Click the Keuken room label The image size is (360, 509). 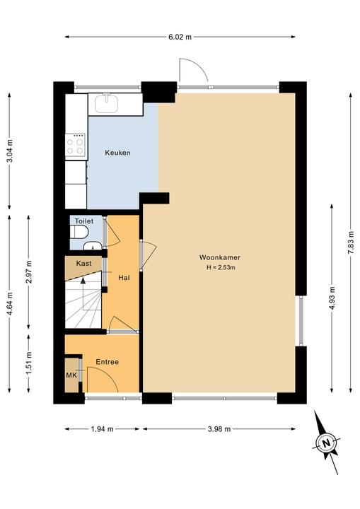(117, 153)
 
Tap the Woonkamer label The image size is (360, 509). (220, 257)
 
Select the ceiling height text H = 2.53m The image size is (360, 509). (221, 267)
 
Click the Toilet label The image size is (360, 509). (84, 221)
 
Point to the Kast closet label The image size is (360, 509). (84, 263)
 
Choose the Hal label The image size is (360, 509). (124, 278)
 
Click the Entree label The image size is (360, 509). (108, 362)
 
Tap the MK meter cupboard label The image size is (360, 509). (71, 375)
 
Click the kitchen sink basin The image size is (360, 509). (106, 103)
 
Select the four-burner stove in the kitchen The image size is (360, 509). (76, 146)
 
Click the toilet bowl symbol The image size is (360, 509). (79, 232)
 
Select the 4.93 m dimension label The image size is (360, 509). (332, 298)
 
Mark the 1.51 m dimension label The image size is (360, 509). (29, 363)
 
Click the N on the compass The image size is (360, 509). (326, 443)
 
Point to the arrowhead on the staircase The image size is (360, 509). (83, 281)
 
